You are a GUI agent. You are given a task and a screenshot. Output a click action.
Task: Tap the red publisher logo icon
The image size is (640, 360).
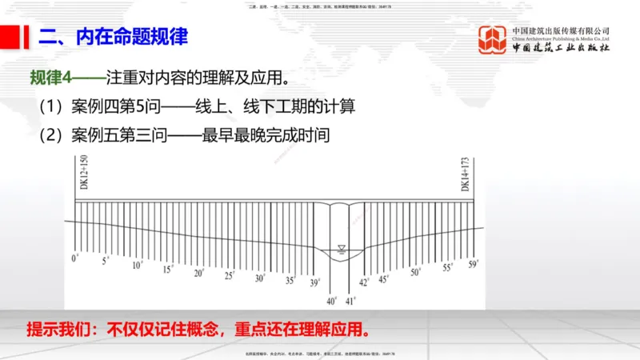tap(492, 40)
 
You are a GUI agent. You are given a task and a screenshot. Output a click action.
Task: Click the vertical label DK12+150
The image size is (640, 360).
tap(84, 172)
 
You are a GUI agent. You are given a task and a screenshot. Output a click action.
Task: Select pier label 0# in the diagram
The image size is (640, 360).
tap(75, 258)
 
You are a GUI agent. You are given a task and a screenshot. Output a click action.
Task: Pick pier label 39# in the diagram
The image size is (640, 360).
tap(315, 282)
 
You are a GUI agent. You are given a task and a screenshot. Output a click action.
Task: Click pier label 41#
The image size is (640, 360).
tap(350, 301)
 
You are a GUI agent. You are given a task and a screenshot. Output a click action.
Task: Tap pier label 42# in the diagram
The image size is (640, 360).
tap(364, 282)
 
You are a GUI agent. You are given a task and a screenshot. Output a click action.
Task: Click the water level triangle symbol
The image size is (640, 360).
tap(342, 246)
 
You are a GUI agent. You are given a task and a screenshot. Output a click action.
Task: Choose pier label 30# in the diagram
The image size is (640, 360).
tap(260, 278)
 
